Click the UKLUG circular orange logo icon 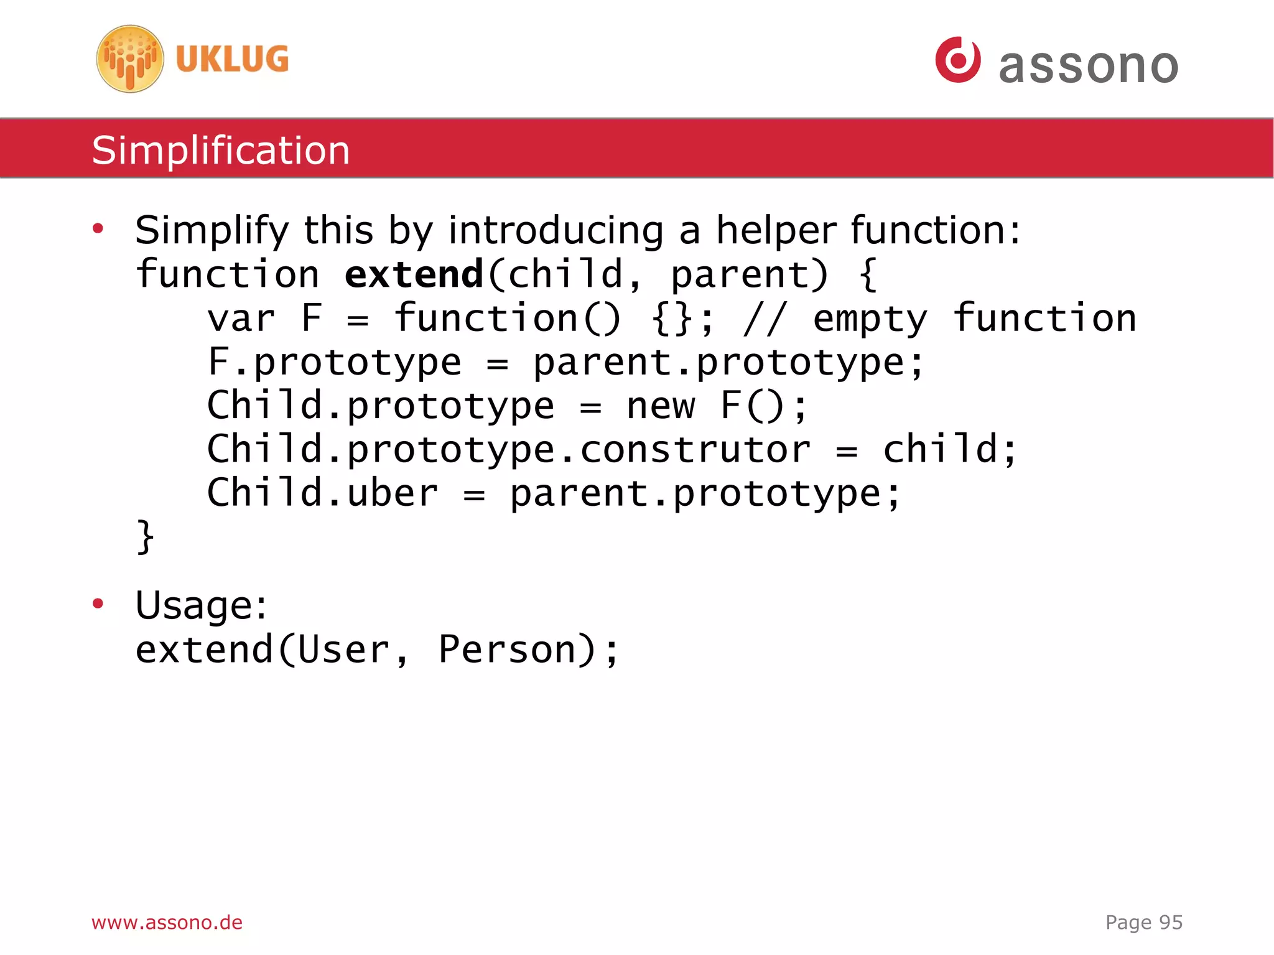pyautogui.click(x=130, y=59)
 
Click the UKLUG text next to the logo pyautogui.click(x=232, y=60)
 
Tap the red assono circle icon pyautogui.click(x=958, y=60)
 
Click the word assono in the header pyautogui.click(x=1088, y=65)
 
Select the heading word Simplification pyautogui.click(x=221, y=151)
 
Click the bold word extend pyautogui.click(x=414, y=274)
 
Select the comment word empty pyautogui.click(x=870, y=319)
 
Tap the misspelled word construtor pyautogui.click(x=695, y=450)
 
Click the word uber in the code pyautogui.click(x=392, y=493)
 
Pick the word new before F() pyautogui.click(x=661, y=406)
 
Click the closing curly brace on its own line pyautogui.click(x=146, y=536)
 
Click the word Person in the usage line pyautogui.click(x=509, y=650)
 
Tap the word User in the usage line pyautogui.click(x=343, y=650)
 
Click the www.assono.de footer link pyautogui.click(x=167, y=922)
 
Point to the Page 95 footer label pyautogui.click(x=1143, y=922)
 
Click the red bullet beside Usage pyautogui.click(x=98, y=603)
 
